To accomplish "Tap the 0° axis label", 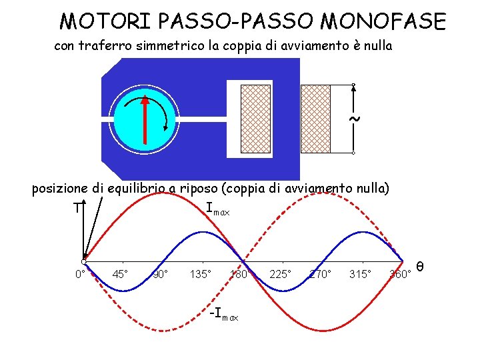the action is click(x=79, y=275).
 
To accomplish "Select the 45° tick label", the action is click(x=121, y=274).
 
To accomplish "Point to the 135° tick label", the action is click(x=200, y=274).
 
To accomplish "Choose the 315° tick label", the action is click(x=360, y=274).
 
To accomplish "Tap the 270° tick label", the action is click(x=320, y=274).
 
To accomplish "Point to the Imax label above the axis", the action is click(x=217, y=210).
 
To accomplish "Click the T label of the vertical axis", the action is click(x=78, y=208).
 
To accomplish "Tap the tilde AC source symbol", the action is click(x=355, y=119).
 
